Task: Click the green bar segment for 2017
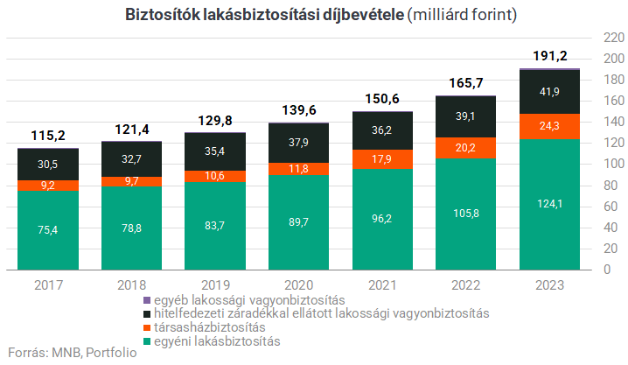click(49, 229)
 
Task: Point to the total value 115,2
click(49, 136)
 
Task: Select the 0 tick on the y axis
click(606, 270)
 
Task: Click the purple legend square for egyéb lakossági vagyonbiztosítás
click(147, 300)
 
